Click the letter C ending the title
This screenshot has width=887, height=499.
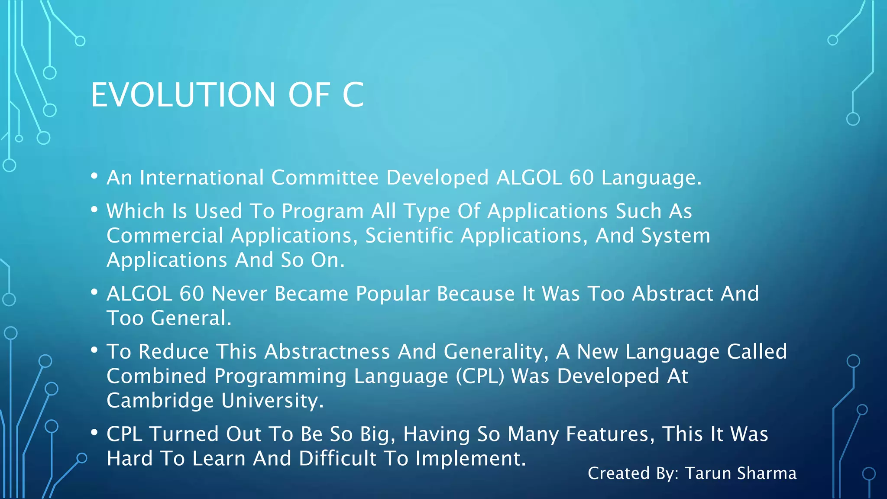[x=353, y=95]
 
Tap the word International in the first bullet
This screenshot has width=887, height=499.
[x=202, y=178]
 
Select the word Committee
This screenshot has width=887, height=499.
[x=325, y=178]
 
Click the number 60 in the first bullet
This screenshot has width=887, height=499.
[x=581, y=178]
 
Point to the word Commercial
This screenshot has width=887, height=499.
[x=165, y=236]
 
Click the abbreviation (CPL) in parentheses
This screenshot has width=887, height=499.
[x=480, y=376]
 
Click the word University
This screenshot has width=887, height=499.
[x=272, y=400]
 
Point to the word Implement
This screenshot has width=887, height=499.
[x=470, y=458]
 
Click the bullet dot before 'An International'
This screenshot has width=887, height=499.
[x=94, y=176]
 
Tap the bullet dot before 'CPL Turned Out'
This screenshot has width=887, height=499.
[x=94, y=433]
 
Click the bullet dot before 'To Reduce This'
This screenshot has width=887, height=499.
[x=94, y=350]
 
